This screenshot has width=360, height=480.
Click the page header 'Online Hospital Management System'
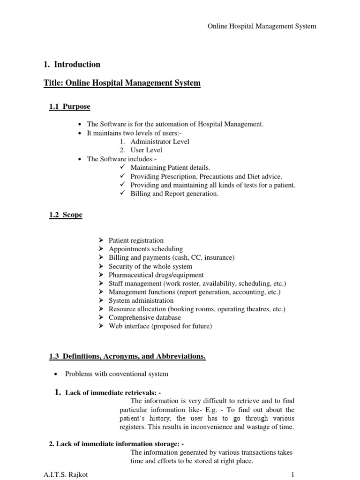(262, 26)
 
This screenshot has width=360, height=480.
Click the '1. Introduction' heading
(72, 64)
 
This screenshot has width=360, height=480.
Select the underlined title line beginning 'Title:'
(122, 83)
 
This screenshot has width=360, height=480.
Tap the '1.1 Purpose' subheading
(70, 107)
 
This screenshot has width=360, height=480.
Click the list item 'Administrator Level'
(160, 142)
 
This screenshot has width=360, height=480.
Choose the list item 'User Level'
(146, 150)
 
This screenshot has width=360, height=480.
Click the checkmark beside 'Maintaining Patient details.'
(123, 167)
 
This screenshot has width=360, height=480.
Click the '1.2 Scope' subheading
(66, 215)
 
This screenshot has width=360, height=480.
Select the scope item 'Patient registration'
(136, 240)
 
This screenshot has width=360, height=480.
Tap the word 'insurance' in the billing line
(218, 258)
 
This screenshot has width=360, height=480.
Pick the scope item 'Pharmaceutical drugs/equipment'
(156, 275)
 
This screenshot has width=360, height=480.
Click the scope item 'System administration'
(141, 300)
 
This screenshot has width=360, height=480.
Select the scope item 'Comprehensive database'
(144, 317)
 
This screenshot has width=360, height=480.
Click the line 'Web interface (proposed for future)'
(160, 326)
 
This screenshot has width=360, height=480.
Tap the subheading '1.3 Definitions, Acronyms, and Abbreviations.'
(127, 357)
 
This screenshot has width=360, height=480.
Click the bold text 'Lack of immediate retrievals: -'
(115, 392)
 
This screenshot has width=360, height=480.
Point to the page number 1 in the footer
(292, 474)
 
